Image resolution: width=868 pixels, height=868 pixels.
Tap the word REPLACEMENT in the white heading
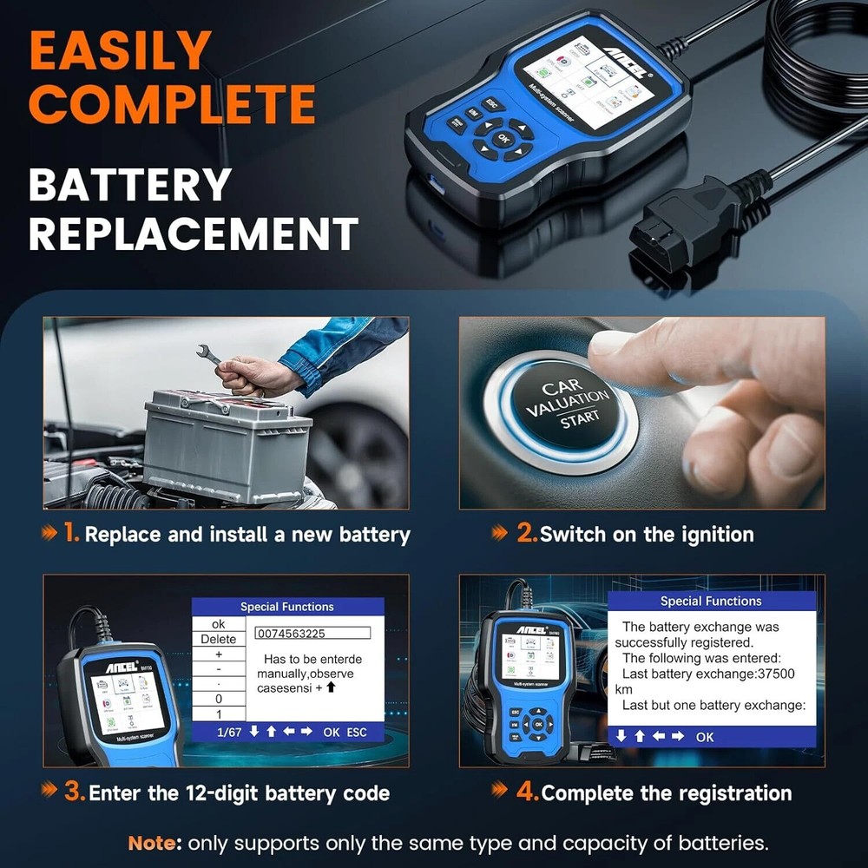193,234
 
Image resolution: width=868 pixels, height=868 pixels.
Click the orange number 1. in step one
71,533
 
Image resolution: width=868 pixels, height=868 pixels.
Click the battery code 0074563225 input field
308,634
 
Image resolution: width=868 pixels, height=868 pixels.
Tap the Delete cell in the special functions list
217,640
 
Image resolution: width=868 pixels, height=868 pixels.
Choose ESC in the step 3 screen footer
357,732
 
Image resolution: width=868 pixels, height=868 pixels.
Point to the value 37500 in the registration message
770,674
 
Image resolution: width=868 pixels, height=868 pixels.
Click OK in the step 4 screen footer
705,736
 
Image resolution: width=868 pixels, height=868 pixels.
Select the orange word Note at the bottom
154,843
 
